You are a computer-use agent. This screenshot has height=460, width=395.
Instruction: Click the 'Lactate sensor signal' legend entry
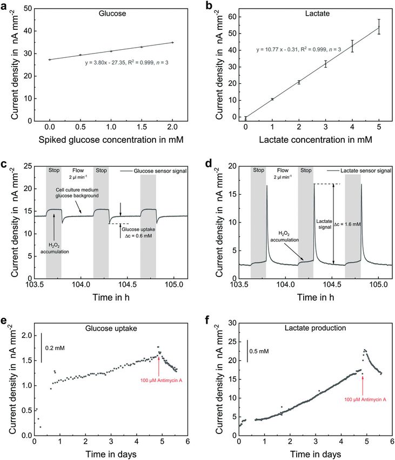pyautogui.click(x=365, y=170)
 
